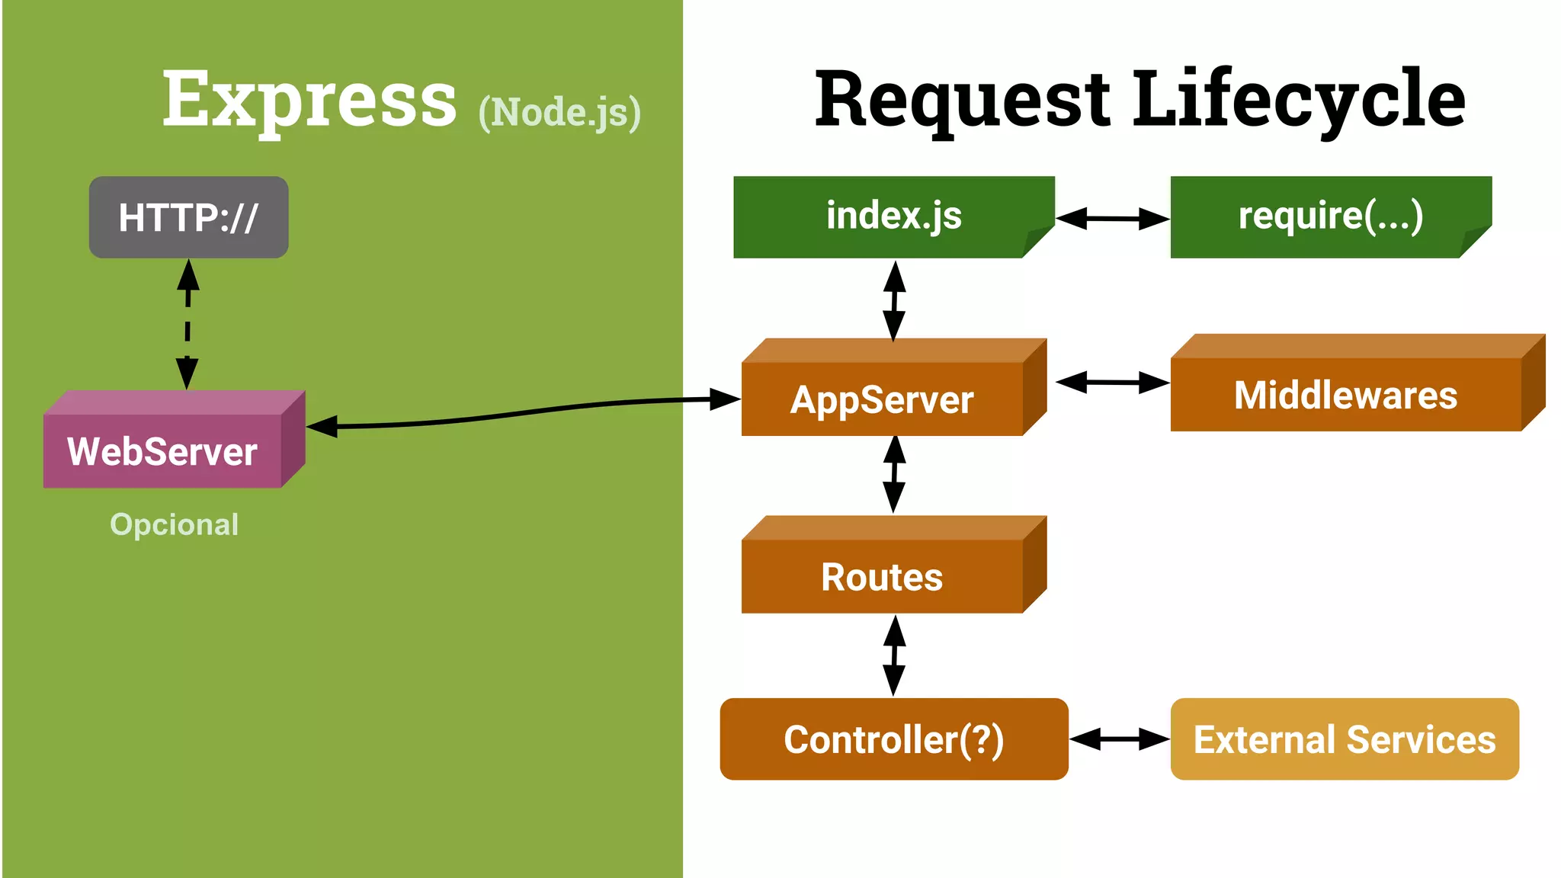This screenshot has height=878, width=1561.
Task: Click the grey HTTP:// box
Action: click(188, 217)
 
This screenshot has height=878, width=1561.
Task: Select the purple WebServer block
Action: click(162, 450)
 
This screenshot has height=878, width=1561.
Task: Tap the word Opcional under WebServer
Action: click(174, 524)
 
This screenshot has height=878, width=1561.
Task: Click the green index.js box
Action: click(893, 216)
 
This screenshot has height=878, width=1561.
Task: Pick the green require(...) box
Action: click(1330, 216)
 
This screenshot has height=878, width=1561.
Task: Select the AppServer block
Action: click(882, 399)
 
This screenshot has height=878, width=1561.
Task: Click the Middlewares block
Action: click(1345, 394)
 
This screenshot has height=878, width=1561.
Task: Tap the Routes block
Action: click(882, 576)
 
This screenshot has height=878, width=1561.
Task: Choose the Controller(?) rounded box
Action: click(893, 739)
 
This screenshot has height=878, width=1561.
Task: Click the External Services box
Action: click(1344, 739)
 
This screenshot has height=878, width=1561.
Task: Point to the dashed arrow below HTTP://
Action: click(188, 324)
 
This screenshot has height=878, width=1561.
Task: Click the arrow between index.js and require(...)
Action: click(1112, 219)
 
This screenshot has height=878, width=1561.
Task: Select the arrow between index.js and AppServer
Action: click(894, 300)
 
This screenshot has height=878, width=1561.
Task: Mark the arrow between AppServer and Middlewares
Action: click(1112, 383)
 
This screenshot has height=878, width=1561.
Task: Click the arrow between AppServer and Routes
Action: click(894, 474)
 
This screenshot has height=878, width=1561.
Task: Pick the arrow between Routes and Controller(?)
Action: click(894, 655)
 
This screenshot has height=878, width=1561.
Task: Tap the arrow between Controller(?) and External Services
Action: click(1119, 739)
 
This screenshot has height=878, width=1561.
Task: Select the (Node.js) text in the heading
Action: click(559, 112)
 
